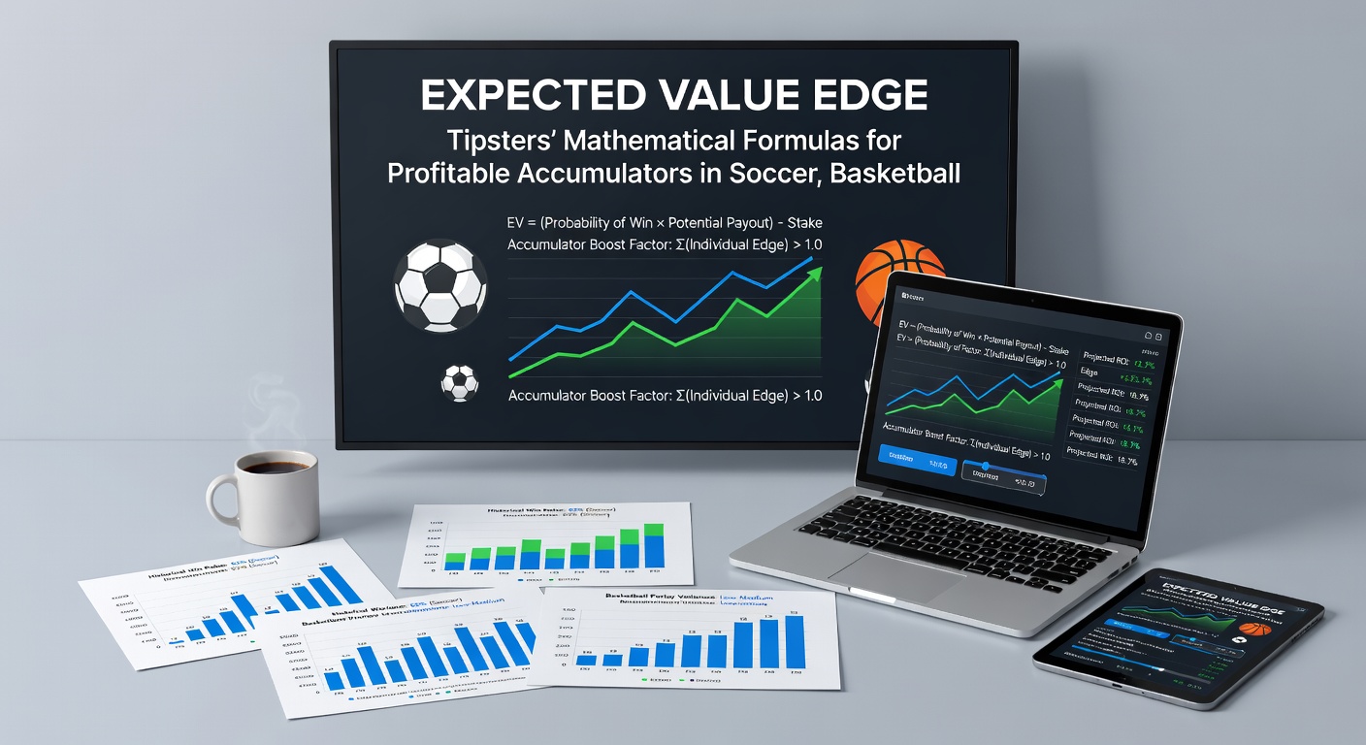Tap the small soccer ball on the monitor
[460, 383]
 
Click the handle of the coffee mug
[219, 499]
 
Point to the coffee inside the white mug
[276, 468]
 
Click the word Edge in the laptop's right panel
[1089, 371]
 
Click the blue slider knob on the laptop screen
[985, 467]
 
